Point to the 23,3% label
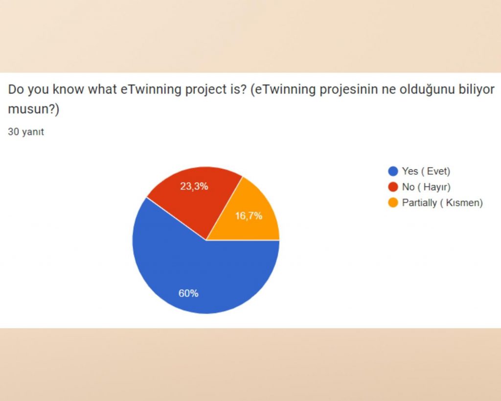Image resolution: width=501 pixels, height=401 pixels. click(x=194, y=186)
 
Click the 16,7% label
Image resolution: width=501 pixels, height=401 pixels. click(x=249, y=215)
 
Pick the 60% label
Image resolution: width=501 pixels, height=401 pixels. click(x=188, y=293)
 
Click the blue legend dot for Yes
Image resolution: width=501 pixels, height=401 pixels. click(x=392, y=171)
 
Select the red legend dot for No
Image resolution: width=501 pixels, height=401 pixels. click(x=392, y=187)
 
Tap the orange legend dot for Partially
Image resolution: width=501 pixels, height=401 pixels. click(x=392, y=203)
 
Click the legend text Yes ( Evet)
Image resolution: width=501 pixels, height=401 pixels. click(x=426, y=171)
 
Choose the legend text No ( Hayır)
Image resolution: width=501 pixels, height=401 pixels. click(x=426, y=187)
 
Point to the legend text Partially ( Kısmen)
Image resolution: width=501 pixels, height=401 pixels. click(x=442, y=203)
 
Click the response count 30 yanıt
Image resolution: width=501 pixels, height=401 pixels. click(x=26, y=132)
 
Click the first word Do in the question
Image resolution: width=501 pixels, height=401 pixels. click(x=16, y=91)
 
